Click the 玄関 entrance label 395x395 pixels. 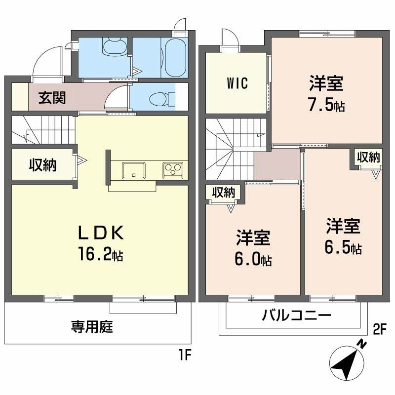tap(52, 98)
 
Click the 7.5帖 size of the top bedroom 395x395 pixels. tap(326, 105)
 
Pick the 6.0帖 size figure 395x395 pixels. tap(253, 260)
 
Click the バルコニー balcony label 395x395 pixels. tap(296, 316)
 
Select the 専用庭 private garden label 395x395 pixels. tap(92, 326)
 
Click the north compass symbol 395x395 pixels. tap(349, 361)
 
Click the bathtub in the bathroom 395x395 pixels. tap(174, 57)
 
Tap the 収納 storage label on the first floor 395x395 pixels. tap(42, 165)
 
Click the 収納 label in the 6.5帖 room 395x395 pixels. tap(368, 158)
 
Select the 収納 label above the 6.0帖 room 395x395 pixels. tap(223, 193)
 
